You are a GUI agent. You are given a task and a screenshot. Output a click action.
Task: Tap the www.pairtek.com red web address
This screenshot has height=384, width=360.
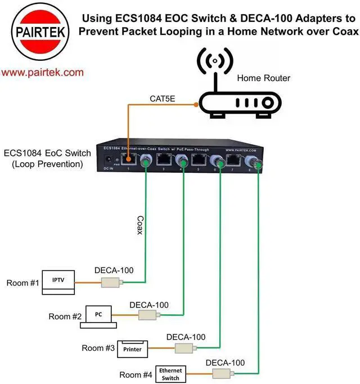(x=42, y=73)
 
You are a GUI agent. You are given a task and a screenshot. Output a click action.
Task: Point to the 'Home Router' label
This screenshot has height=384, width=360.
(x=263, y=78)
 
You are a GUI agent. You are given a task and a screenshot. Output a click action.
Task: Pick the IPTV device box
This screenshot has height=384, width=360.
(x=58, y=283)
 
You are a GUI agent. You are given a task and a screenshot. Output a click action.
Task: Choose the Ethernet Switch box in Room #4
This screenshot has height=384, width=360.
(x=170, y=373)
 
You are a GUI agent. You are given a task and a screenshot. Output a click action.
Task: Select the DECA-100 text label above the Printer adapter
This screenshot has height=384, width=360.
(x=186, y=337)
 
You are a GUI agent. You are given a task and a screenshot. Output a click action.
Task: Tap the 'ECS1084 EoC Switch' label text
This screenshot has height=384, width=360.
(x=43, y=154)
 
